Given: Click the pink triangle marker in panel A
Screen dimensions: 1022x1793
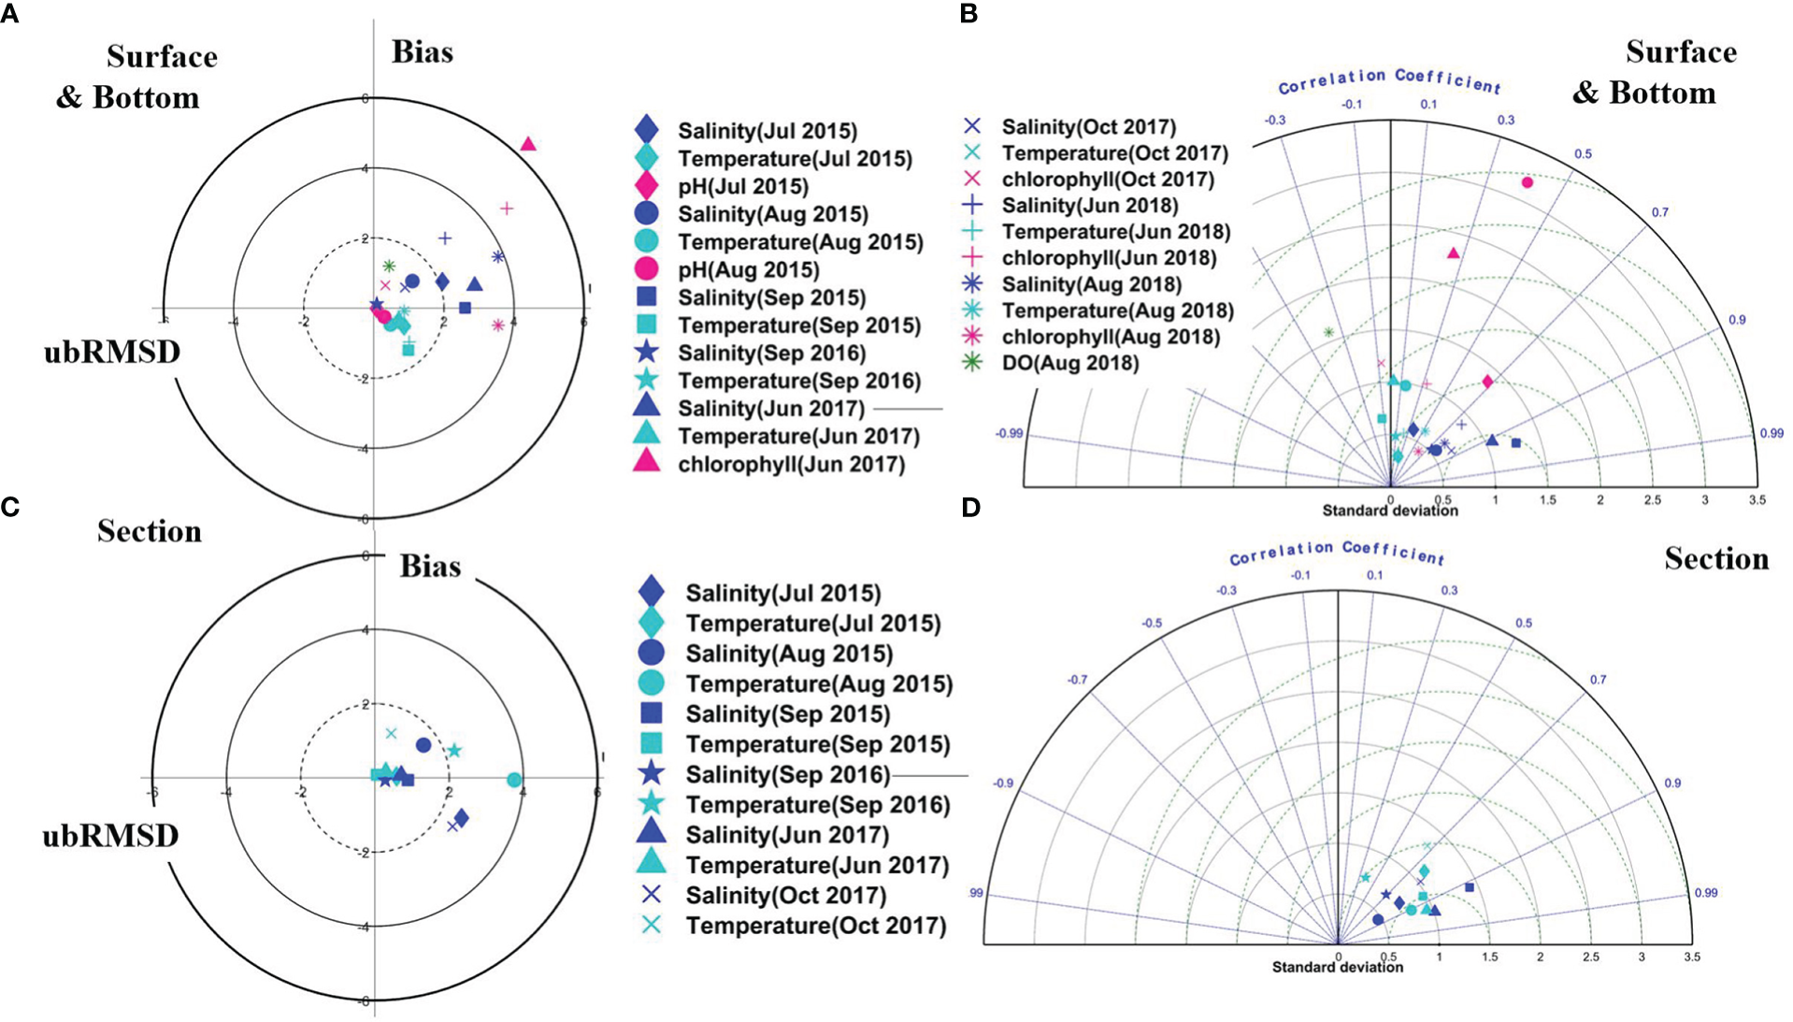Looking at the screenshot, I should click(x=528, y=144).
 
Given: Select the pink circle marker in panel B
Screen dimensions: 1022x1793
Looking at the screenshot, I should click(x=1528, y=182).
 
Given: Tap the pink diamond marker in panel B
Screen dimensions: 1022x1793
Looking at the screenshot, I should click(x=1488, y=381).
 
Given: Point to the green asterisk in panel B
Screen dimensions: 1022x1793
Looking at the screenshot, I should click(x=1328, y=332).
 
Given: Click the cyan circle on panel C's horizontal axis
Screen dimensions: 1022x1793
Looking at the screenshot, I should click(x=513, y=780).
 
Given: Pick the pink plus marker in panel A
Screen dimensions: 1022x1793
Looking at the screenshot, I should click(x=507, y=209).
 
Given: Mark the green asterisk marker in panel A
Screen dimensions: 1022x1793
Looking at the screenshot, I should click(x=389, y=266).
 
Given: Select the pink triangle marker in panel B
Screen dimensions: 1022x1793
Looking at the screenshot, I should click(x=1453, y=252).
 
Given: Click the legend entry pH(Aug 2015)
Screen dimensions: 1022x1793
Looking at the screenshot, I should click(x=748, y=270).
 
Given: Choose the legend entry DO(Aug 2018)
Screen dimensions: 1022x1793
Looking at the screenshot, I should click(x=1069, y=363).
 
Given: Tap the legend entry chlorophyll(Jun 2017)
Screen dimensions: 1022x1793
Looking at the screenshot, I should click(x=791, y=465).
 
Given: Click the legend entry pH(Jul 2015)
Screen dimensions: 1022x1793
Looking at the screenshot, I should click(x=743, y=187).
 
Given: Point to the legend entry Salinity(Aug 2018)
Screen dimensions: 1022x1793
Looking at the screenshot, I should click(x=1091, y=284).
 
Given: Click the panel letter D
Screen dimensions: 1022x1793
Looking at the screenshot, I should click(x=971, y=508).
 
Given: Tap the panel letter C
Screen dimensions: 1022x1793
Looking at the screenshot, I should click(x=10, y=508).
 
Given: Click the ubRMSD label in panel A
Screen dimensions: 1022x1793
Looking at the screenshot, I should click(x=112, y=353).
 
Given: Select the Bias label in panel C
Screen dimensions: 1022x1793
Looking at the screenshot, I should click(x=430, y=567).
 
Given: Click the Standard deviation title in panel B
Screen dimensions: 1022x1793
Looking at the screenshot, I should click(x=1390, y=511).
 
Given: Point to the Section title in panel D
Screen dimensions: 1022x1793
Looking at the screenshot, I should click(x=1716, y=559).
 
